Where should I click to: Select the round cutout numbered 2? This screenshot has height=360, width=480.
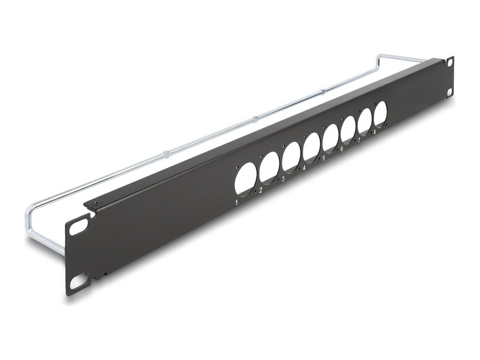tap(269, 166)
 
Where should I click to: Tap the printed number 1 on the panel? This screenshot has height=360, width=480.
tap(237, 203)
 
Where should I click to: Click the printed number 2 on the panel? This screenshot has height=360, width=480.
tap(261, 190)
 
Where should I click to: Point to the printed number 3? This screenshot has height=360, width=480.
tap(284, 179)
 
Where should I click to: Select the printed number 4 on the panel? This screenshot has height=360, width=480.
tap(304, 168)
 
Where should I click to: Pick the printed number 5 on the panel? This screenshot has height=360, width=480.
tap(323, 158)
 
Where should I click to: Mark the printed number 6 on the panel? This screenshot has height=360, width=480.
tap(342, 149)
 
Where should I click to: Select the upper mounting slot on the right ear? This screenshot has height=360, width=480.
tap(450, 62)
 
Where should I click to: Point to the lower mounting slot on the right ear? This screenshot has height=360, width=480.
tap(450, 91)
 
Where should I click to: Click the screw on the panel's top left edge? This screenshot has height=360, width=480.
tap(97, 202)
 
